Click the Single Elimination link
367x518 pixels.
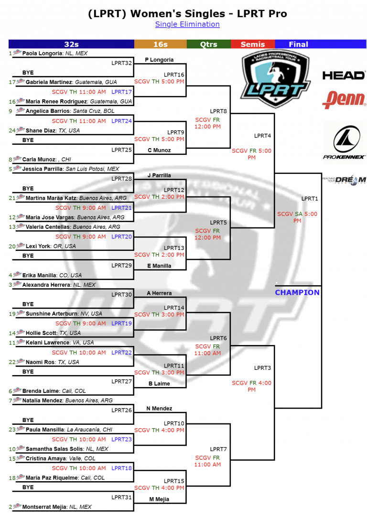[x=187, y=24]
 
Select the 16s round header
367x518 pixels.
[x=160, y=44]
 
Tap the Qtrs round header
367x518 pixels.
[x=208, y=44]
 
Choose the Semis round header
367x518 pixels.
[x=252, y=44]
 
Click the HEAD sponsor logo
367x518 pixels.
[x=344, y=76]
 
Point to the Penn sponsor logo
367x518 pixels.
[x=344, y=99]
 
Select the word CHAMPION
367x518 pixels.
[x=297, y=292]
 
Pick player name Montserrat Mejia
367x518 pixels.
[x=44, y=507]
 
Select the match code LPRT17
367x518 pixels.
[x=121, y=92]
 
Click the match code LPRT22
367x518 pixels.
[x=121, y=353]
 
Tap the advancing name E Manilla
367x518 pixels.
[x=160, y=266]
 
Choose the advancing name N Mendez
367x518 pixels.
[x=160, y=409]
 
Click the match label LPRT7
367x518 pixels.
[x=218, y=449]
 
